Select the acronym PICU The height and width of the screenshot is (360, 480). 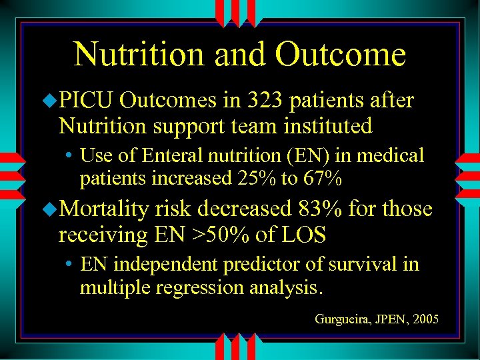87,101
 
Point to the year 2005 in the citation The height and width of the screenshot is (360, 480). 425,319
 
